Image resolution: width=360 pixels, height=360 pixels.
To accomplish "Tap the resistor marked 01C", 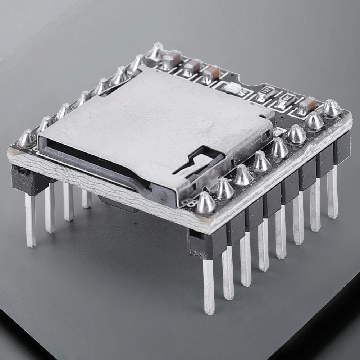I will pyautogui.click(x=286, y=101).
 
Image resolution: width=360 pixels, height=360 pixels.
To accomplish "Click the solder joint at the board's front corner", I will pyautogui.click(x=206, y=203).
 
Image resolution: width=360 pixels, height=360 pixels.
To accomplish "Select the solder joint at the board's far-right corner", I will pyautogui.click(x=332, y=108).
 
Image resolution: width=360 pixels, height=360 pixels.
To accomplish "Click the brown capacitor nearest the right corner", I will pyautogui.click(x=306, y=105).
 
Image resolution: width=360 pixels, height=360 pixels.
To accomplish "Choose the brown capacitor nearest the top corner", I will pyautogui.click(x=172, y=59).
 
